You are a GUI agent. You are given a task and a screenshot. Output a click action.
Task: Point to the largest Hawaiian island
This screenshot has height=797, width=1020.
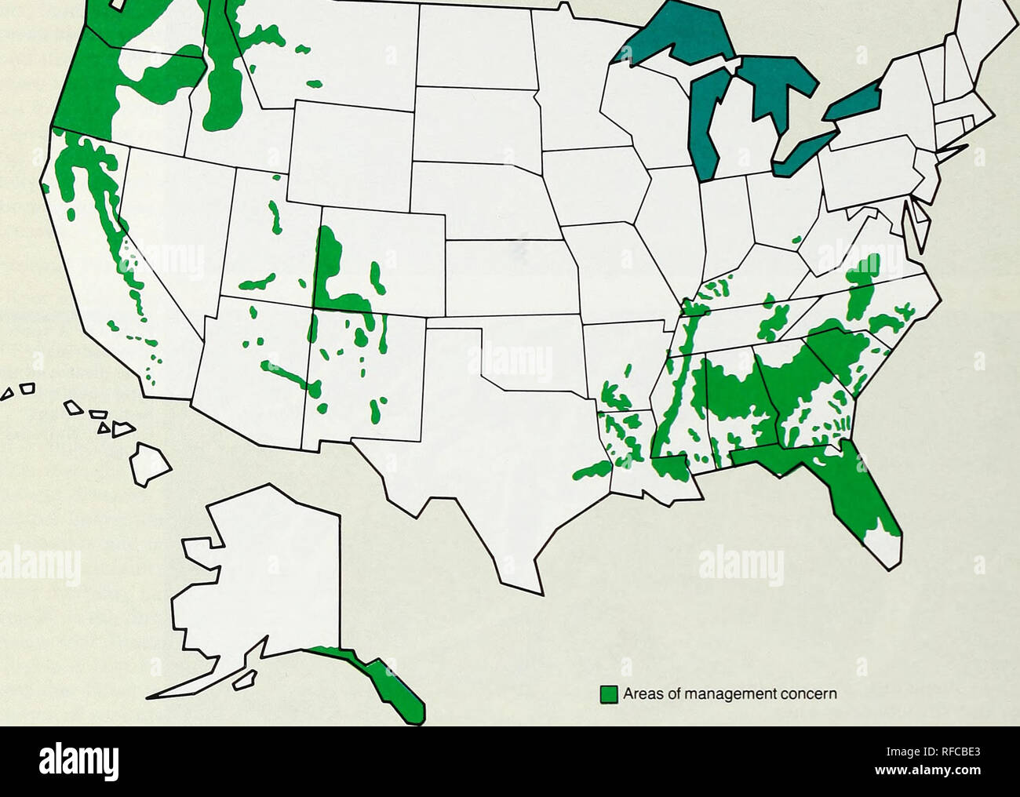pos(150,464)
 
